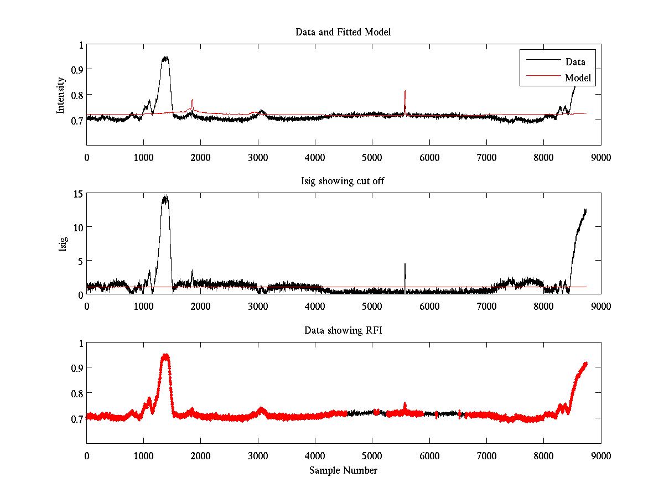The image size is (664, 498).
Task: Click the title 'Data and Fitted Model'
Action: tap(343, 32)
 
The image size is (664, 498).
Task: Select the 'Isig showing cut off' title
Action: tap(343, 181)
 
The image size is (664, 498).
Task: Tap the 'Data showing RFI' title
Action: tap(343, 330)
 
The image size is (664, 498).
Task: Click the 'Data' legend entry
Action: tap(575, 61)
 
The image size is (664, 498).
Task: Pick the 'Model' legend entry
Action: tap(578, 78)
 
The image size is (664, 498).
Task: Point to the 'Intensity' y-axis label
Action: tap(61, 95)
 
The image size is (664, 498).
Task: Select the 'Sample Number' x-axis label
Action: tap(343, 470)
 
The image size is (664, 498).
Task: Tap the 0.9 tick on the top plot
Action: tap(77, 70)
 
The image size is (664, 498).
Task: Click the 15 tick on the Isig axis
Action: tap(77, 194)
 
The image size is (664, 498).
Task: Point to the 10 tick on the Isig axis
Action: tap(77, 227)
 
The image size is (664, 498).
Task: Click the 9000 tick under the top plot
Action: tap(600, 157)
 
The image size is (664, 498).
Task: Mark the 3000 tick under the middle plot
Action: tap(258, 306)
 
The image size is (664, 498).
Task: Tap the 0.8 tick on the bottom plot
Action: tap(77, 393)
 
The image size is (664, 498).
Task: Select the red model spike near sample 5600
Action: tap(405, 92)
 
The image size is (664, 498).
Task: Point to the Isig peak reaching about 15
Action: tap(165, 197)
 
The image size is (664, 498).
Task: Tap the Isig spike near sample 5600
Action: tap(405, 265)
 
